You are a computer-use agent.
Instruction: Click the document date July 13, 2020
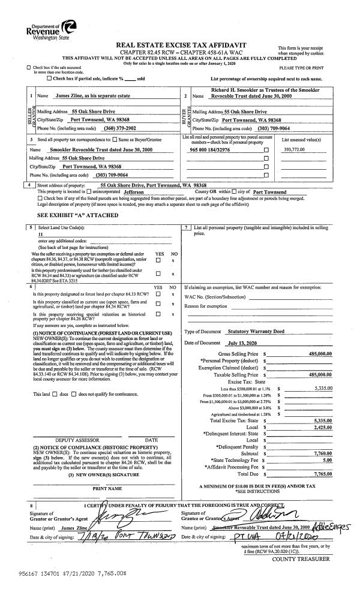tap(243, 342)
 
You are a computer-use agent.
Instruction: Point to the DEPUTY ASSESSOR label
tap(73, 440)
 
